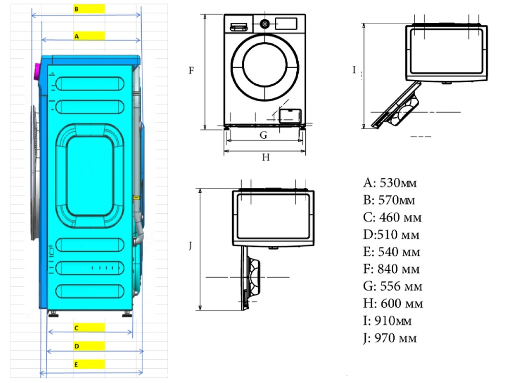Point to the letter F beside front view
pyautogui.click(x=192, y=71)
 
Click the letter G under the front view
pyautogui.click(x=263, y=135)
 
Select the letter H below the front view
pyautogui.click(x=265, y=157)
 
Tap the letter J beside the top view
pyautogui.click(x=189, y=246)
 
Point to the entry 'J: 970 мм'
pyautogui.click(x=390, y=338)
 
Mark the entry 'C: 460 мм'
pyautogui.click(x=392, y=217)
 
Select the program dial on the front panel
pyautogui.click(x=264, y=23)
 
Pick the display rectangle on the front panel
pyautogui.click(x=286, y=23)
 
